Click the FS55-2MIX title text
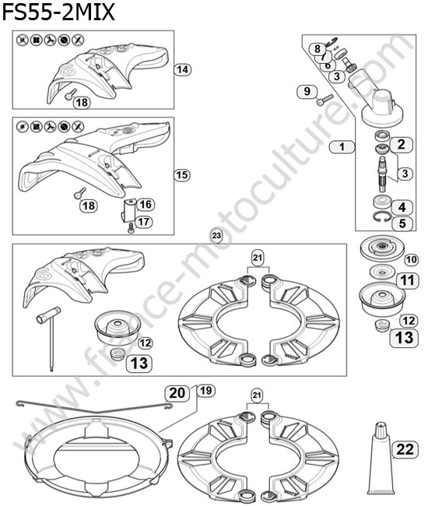point(58,12)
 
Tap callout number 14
point(182,69)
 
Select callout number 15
point(182,175)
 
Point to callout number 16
point(146,204)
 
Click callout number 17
point(143,222)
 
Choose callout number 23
point(216,236)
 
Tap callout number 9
point(307,91)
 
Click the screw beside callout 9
point(325,100)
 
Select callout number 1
point(342,147)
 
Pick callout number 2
point(402,144)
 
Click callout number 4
point(402,207)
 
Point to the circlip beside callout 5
point(383,216)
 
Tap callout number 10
point(411,259)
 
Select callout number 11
point(407,279)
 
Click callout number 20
point(177,393)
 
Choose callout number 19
point(205,391)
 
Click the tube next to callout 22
point(381,462)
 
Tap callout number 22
point(405,449)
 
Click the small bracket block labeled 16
point(129,209)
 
